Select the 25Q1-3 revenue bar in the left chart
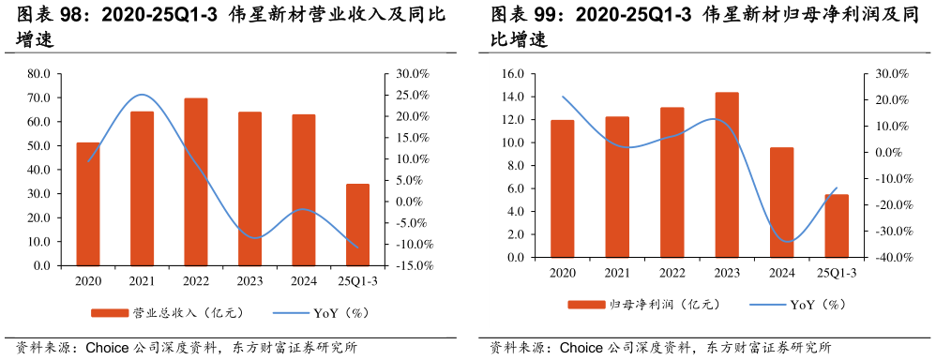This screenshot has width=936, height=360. coord(357,225)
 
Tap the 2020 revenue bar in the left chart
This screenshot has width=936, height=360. coord(88,204)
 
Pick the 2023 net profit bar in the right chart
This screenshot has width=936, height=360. coord(727,174)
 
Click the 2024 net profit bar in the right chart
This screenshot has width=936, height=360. coord(781,202)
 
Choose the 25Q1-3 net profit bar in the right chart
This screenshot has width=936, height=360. coord(837,226)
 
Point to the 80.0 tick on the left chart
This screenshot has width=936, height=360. coord(38,74)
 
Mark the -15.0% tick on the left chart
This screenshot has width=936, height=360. coord(412,265)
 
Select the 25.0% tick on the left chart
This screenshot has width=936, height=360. coord(413,96)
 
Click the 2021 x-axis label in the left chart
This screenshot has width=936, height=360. coord(142,280)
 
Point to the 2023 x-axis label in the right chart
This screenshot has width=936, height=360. coord(727,272)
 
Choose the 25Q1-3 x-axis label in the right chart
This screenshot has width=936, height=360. coord(837,272)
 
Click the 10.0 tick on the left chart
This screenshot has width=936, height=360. coord(38,242)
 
